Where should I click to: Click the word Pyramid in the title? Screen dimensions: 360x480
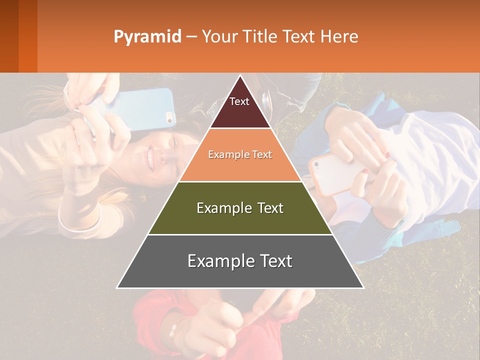pyautogui.click(x=147, y=37)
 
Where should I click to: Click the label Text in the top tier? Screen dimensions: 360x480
pyautogui.click(x=239, y=101)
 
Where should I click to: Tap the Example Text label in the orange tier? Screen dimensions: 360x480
pyautogui.click(x=240, y=154)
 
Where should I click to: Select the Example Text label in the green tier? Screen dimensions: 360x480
pyautogui.click(x=240, y=208)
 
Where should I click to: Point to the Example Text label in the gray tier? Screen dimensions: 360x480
pyautogui.click(x=240, y=261)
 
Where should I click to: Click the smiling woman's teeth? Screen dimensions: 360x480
pyautogui.click(x=150, y=159)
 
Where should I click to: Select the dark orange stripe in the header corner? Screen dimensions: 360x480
pyautogui.click(x=27, y=36)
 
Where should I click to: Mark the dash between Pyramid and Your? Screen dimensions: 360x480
pyautogui.click(x=191, y=37)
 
